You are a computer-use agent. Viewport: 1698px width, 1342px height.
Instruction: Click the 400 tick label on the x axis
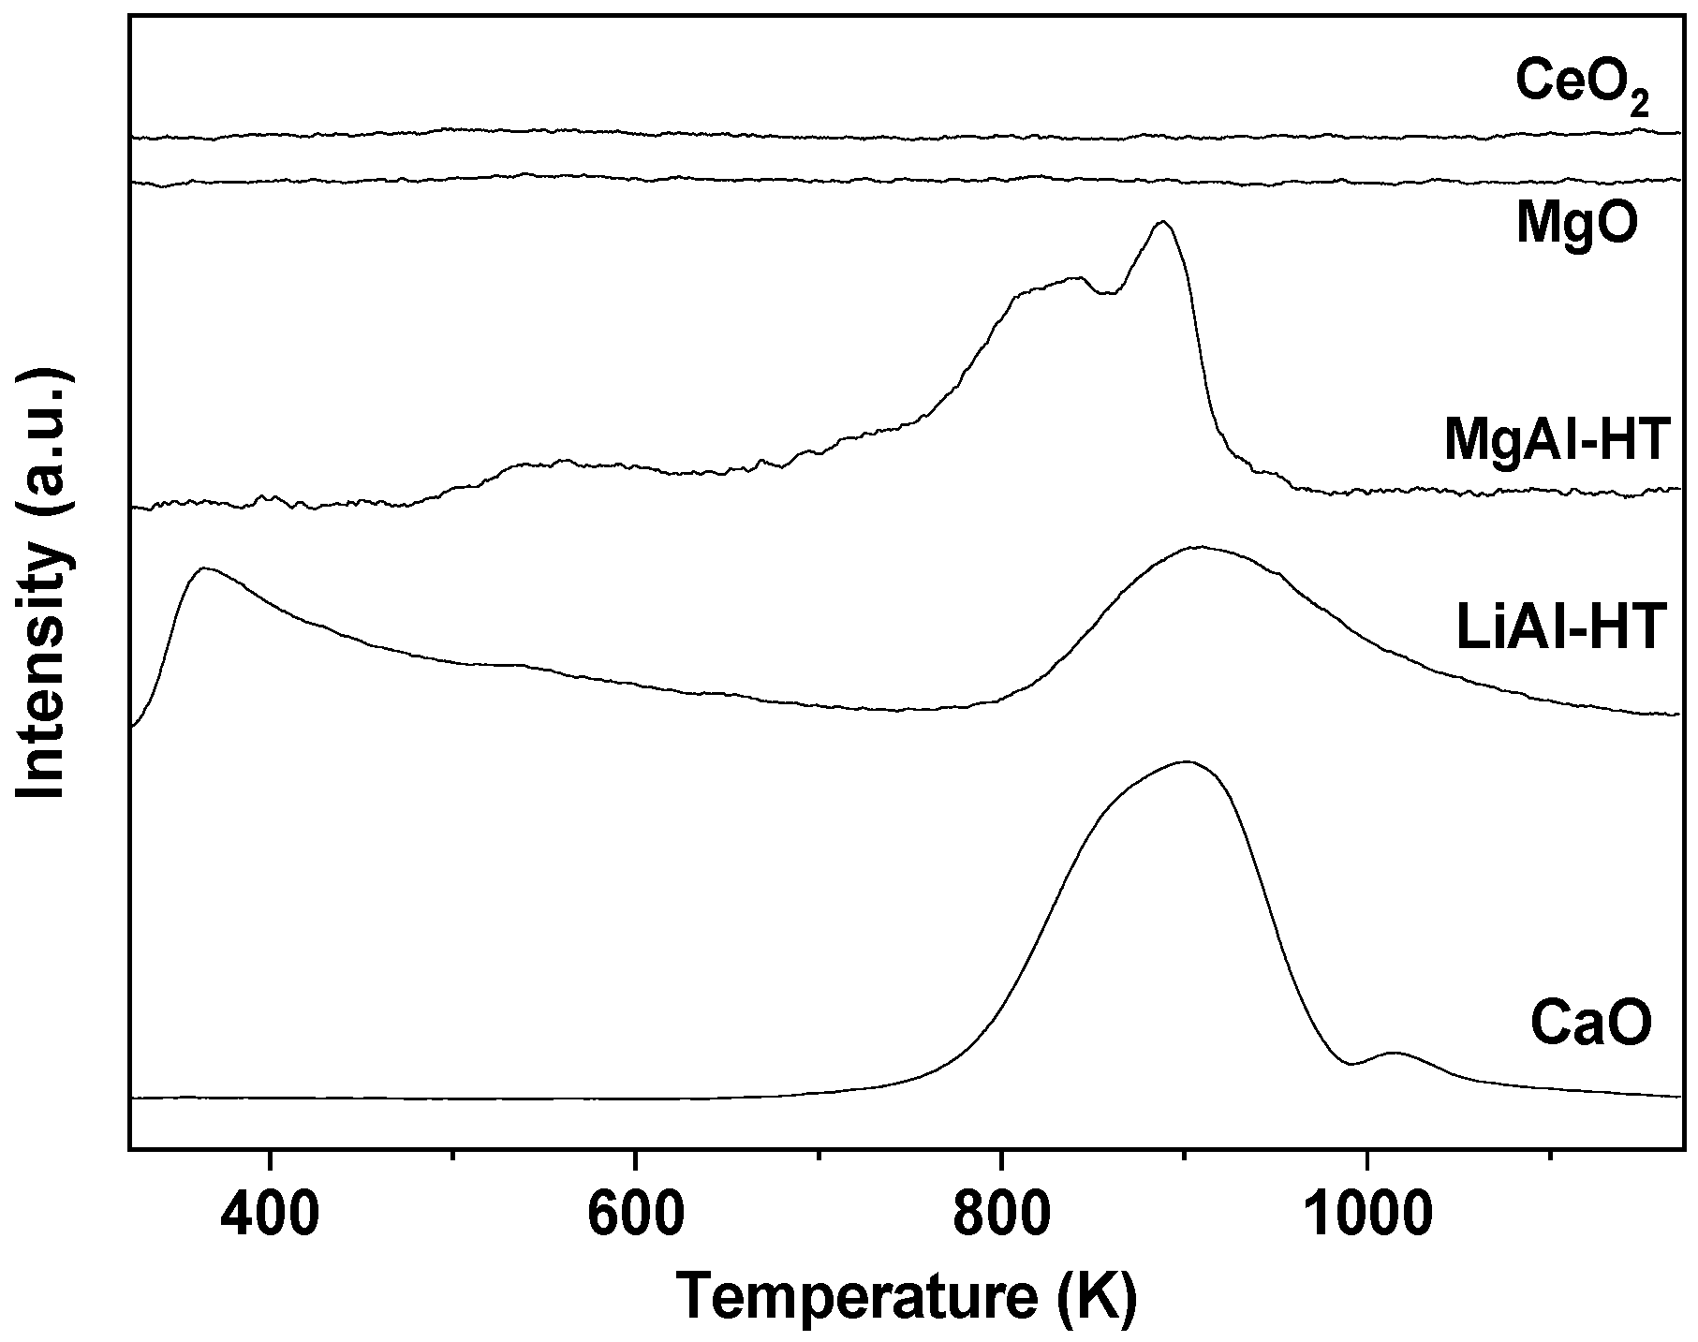270,1217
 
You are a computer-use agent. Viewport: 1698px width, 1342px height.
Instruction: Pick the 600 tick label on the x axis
635,1217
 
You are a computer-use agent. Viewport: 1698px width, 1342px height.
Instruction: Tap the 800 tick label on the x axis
1001,1217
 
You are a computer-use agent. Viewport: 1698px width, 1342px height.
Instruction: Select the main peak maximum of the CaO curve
1187,761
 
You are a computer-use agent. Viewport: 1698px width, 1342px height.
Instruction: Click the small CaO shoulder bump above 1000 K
1395,1053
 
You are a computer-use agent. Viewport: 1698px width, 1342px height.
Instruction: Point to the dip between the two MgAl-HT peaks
1108,293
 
